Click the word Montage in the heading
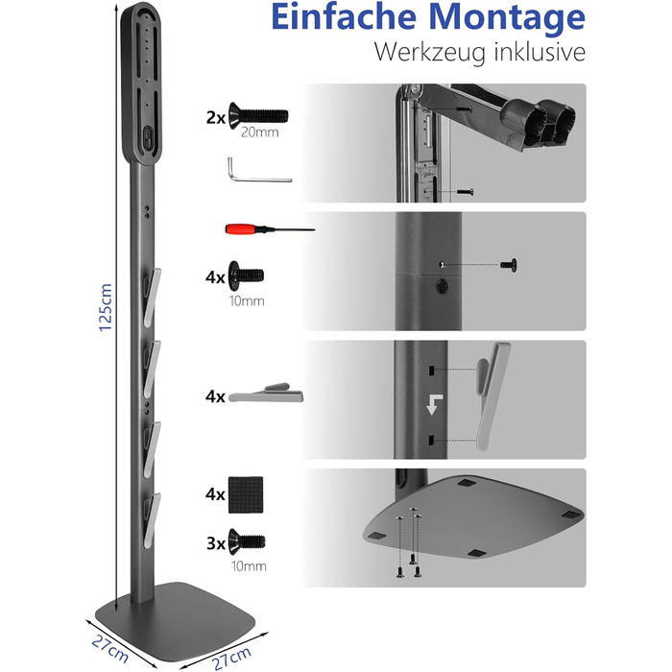(x=507, y=18)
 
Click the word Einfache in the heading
(x=344, y=16)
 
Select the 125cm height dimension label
(x=106, y=307)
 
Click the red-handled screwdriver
(x=270, y=228)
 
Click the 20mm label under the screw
(x=260, y=132)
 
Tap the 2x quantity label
(x=216, y=117)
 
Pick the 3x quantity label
(x=216, y=543)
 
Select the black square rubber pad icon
(x=246, y=494)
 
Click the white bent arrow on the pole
(x=434, y=404)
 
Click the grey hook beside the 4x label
(x=266, y=393)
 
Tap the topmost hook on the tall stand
(x=152, y=298)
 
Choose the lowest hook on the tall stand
(x=152, y=520)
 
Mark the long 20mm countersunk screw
(x=258, y=116)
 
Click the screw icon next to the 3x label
(x=247, y=541)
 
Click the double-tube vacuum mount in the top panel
(x=538, y=122)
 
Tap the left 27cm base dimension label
(x=109, y=649)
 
